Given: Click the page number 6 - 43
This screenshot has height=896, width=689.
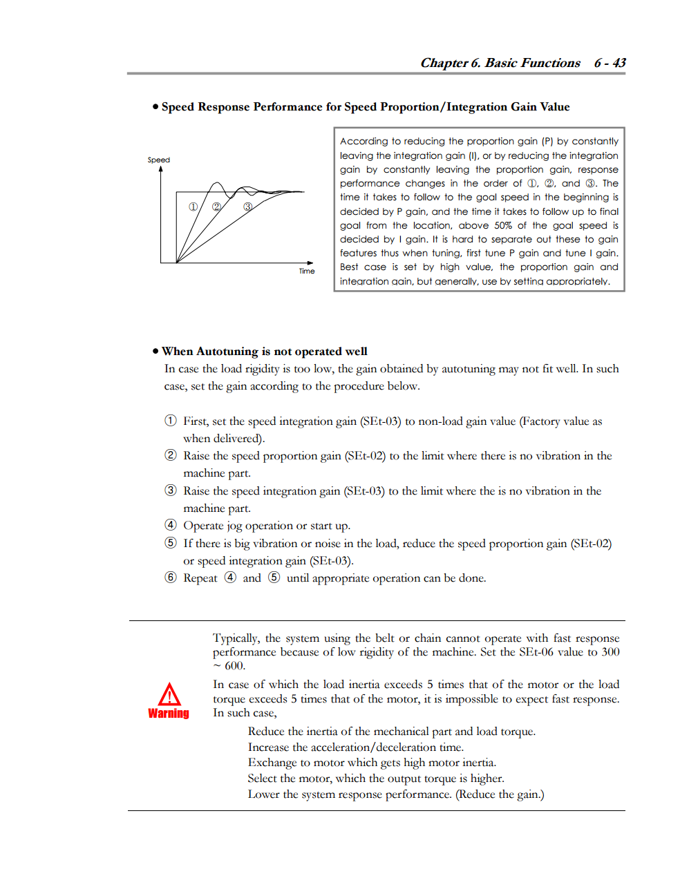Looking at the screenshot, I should [x=610, y=63].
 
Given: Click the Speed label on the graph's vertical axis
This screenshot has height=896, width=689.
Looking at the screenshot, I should [x=158, y=160].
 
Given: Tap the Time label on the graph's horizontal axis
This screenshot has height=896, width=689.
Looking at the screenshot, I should [x=307, y=271].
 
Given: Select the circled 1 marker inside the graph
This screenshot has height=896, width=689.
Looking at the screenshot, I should [x=194, y=207].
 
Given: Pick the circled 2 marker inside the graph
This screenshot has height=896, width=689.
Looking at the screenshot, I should [x=216, y=207].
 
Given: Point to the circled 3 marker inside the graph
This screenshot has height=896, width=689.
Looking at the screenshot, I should [x=247, y=207].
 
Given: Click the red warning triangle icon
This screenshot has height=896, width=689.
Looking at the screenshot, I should [x=169, y=694].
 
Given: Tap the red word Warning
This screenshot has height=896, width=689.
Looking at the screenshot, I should [x=169, y=714].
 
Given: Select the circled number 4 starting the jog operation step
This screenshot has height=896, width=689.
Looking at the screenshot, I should [x=171, y=525].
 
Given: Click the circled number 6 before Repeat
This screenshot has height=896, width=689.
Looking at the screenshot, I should [x=171, y=578].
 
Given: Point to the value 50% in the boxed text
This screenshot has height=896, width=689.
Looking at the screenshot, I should [x=503, y=225].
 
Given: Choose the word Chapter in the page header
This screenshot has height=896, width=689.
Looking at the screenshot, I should [x=444, y=63].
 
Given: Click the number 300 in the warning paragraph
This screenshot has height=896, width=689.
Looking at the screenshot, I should [x=610, y=652].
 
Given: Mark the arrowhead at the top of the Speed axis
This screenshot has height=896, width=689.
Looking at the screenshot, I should [x=161, y=169].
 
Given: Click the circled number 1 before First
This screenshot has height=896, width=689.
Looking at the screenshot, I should [x=171, y=421].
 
